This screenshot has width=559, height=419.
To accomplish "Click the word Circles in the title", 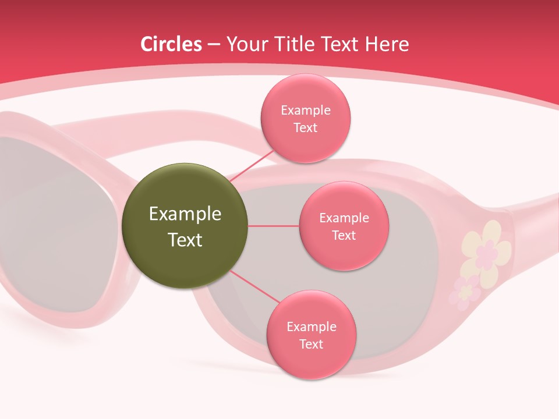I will pos(171,44).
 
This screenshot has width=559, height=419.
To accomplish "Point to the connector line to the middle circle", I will pos(273,226).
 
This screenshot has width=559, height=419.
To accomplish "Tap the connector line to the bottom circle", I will pos(255,287).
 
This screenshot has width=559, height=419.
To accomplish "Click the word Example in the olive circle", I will pos(185,214).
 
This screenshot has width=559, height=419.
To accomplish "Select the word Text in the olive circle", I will pos(185,240).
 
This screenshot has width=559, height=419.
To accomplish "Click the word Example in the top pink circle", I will pos(305,111).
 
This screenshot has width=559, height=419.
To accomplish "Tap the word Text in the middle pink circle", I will pos(344,235).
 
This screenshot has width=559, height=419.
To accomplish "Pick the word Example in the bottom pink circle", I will pos(311,326).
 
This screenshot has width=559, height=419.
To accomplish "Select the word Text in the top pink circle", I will pos(305,127).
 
